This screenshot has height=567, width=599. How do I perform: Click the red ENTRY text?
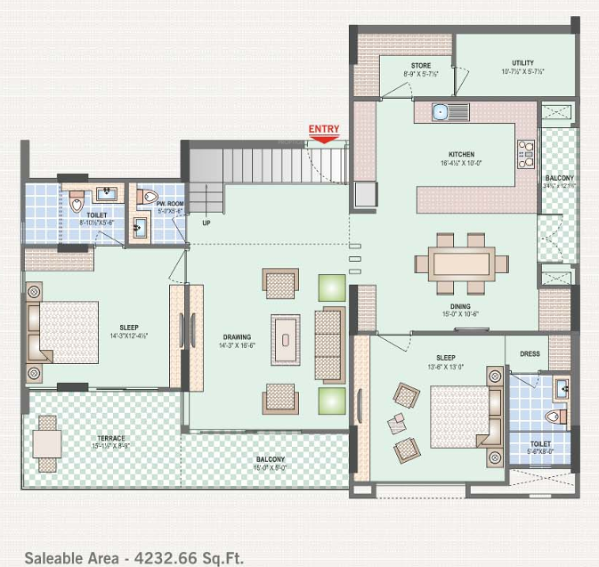point(324,129)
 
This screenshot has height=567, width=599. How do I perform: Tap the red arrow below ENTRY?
point(324,138)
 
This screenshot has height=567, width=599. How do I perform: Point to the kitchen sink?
point(440,112)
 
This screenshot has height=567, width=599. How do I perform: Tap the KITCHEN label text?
point(461,154)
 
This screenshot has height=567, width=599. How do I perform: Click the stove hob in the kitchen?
point(526,154)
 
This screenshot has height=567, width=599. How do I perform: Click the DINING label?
point(460,305)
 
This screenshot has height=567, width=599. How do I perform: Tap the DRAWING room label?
point(237,337)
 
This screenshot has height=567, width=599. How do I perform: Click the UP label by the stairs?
point(206,223)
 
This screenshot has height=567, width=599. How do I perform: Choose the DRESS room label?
point(530,353)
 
